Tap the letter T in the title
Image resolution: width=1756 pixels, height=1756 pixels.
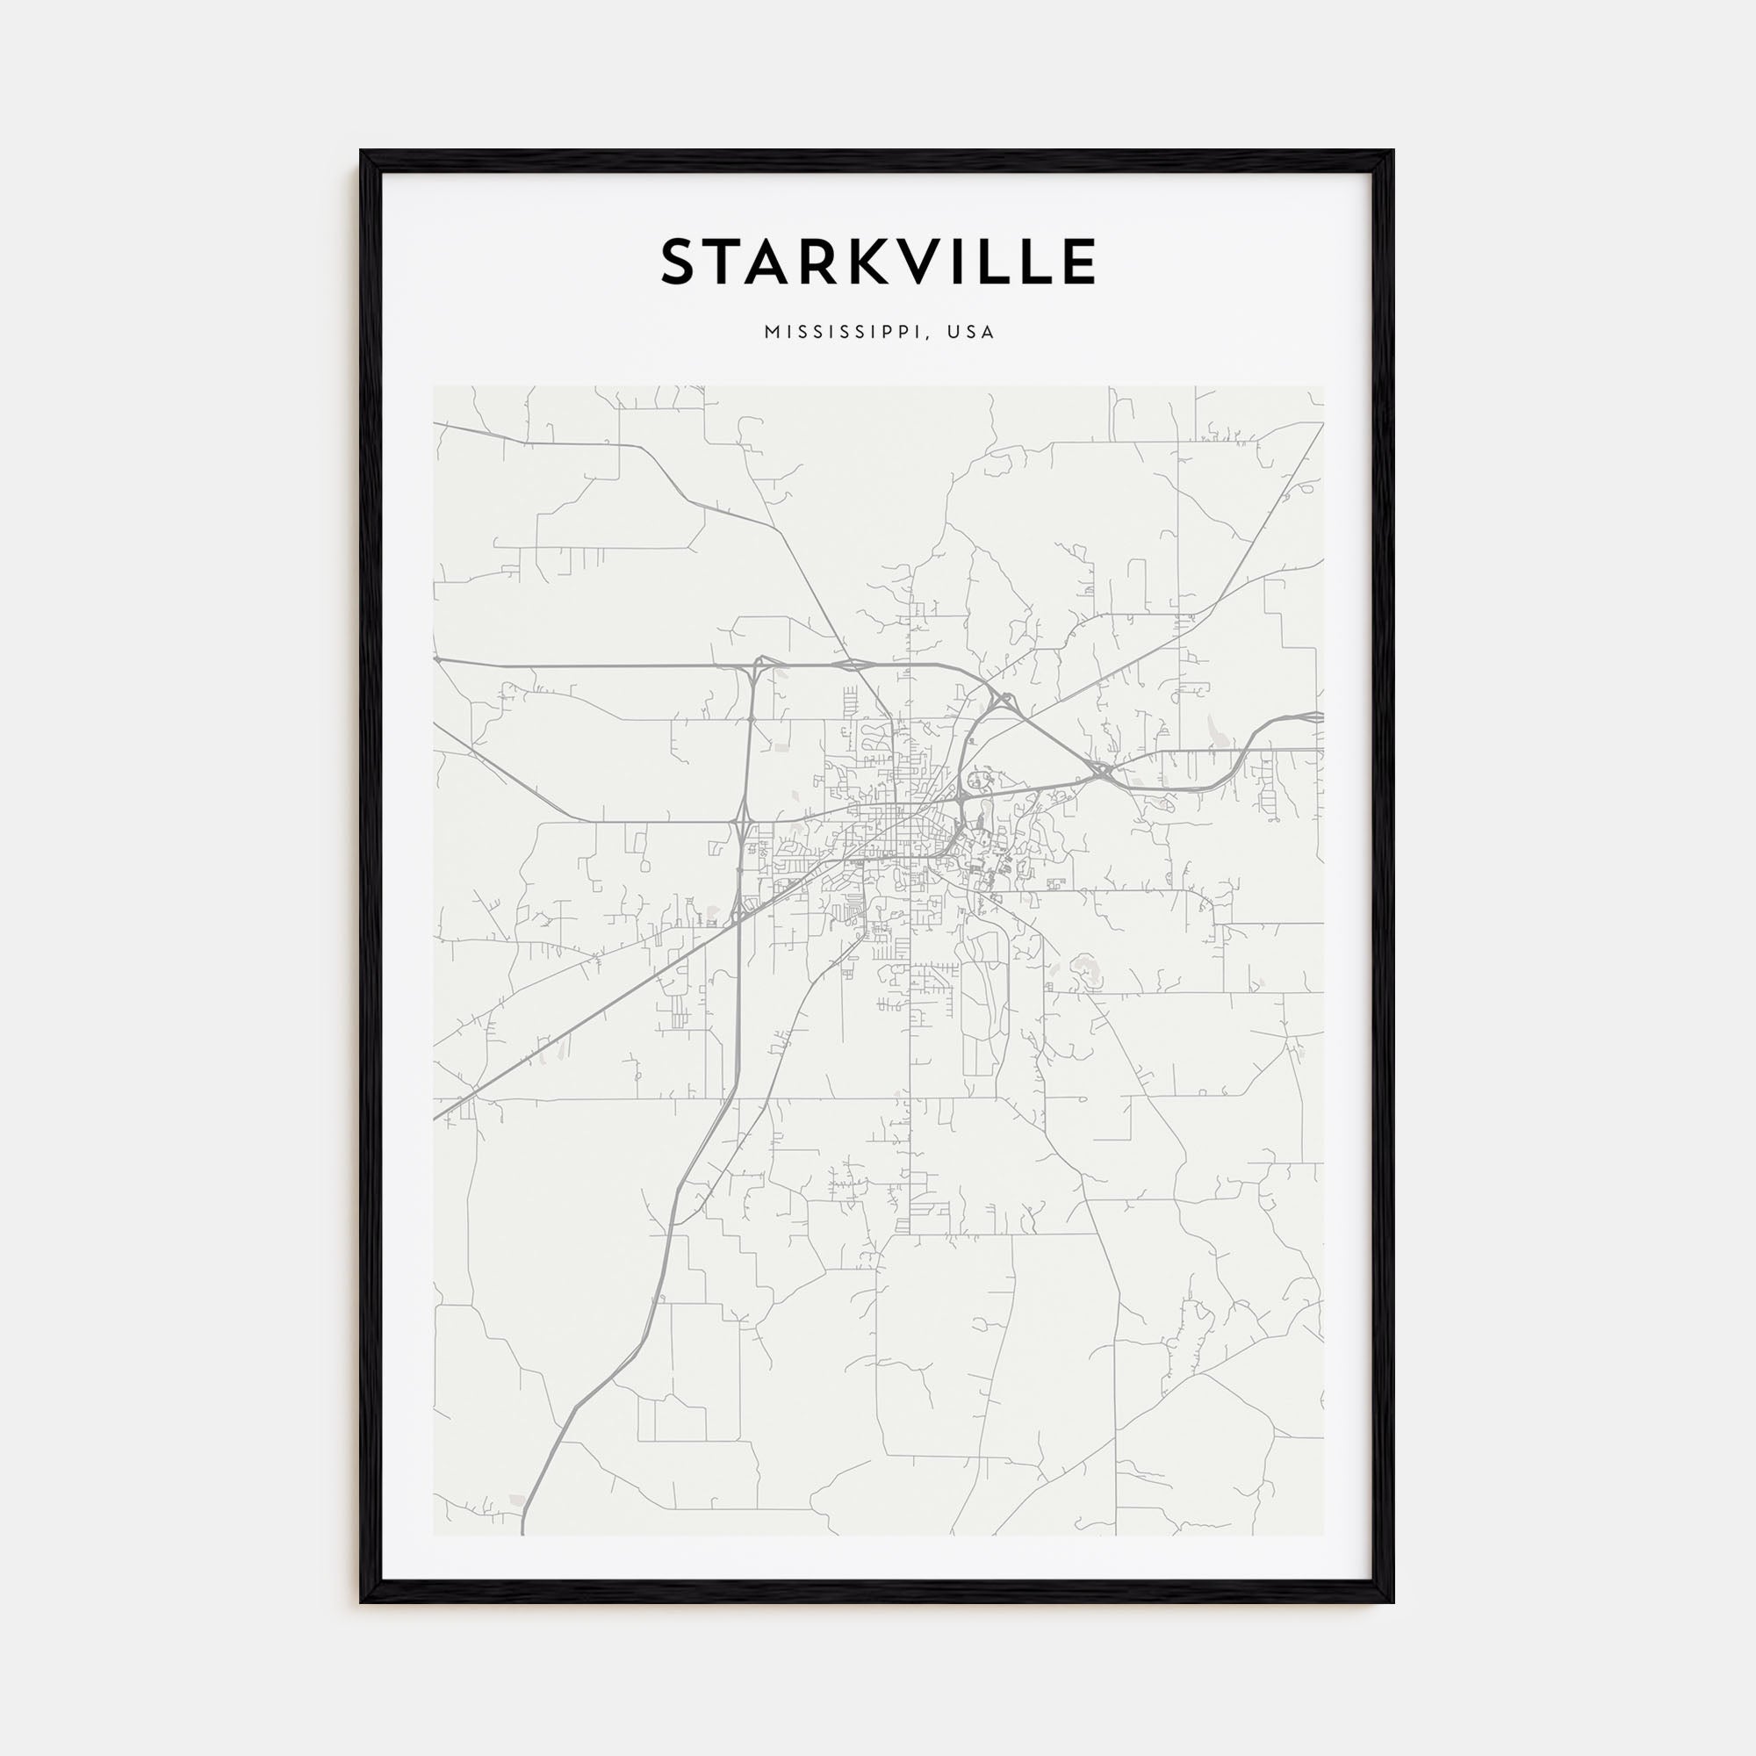[x=723, y=263]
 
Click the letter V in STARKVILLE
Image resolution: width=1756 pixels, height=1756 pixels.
[x=923, y=263]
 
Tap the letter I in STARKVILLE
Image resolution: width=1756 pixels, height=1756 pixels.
[x=961, y=263]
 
